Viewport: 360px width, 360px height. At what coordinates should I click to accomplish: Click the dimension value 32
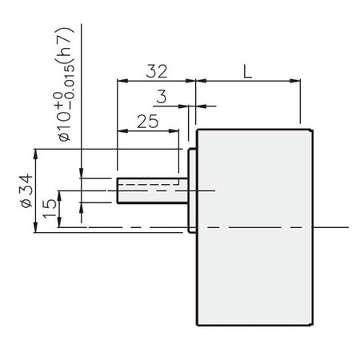(x=156, y=70)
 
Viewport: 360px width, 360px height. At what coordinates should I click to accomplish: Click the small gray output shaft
(x=152, y=190)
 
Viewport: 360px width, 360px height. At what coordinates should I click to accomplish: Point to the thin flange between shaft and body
(x=192, y=190)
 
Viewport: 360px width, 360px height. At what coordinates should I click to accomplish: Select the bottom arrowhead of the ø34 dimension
(x=36, y=230)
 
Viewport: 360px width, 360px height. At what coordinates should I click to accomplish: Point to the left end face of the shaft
(x=118, y=190)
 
